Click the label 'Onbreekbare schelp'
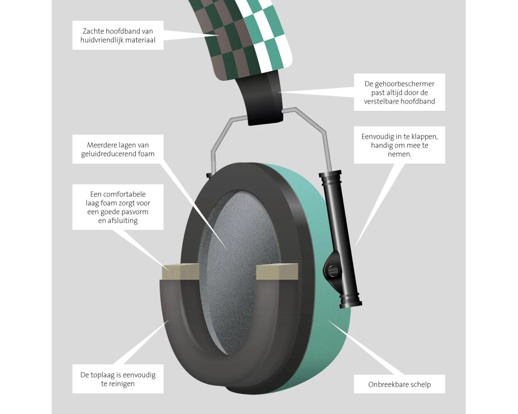[399, 385]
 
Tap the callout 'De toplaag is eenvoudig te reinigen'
[118, 379]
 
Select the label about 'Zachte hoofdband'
[118, 35]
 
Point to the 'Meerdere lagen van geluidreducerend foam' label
[118, 149]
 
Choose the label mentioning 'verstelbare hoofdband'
[399, 92]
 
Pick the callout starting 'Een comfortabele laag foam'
[118, 207]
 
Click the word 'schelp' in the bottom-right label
[418, 385]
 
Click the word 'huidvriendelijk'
[107, 39]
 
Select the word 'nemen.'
[399, 154]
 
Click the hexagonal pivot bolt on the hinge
[332, 268]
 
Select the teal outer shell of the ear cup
[332, 331]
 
